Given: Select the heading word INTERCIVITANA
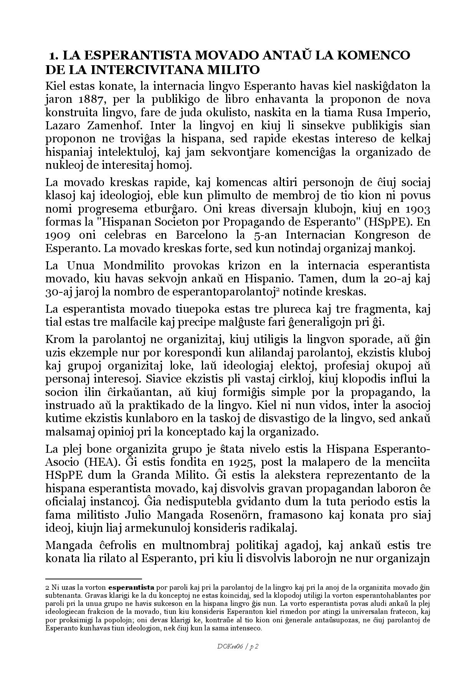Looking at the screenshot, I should tap(148, 70).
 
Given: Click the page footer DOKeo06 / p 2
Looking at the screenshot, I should tap(238, 647).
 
